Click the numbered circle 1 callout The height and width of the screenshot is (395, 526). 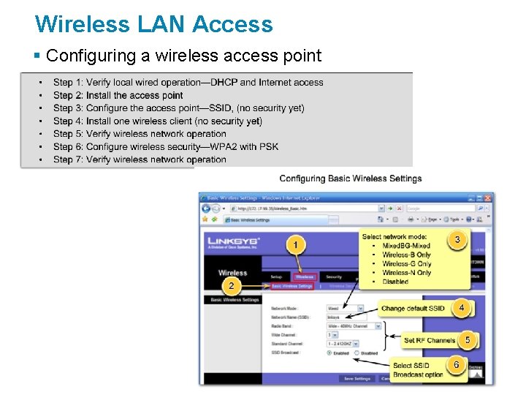pos(295,245)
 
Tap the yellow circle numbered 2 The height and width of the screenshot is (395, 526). pos(231,285)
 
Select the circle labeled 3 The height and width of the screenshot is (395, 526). pos(457,239)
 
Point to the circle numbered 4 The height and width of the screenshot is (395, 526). pos(461,308)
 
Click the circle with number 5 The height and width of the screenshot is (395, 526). pos(467,339)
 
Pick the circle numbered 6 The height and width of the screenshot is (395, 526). pos(456,364)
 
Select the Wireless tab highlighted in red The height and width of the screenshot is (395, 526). pos(304,277)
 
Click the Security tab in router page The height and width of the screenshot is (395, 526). pos(334,277)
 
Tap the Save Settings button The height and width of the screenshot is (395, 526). pos(358,378)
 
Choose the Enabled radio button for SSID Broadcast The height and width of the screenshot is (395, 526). pos(329,353)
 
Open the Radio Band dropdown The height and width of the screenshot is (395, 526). pos(354,326)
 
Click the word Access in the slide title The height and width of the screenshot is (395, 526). pos(232,24)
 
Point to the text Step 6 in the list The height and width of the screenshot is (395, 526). pos(68,146)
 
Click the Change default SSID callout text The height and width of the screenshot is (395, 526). pos(413,309)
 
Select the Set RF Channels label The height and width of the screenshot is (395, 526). pos(430,340)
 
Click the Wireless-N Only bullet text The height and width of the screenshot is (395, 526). pos(406,273)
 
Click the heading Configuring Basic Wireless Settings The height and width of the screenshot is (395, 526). pos(350,178)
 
